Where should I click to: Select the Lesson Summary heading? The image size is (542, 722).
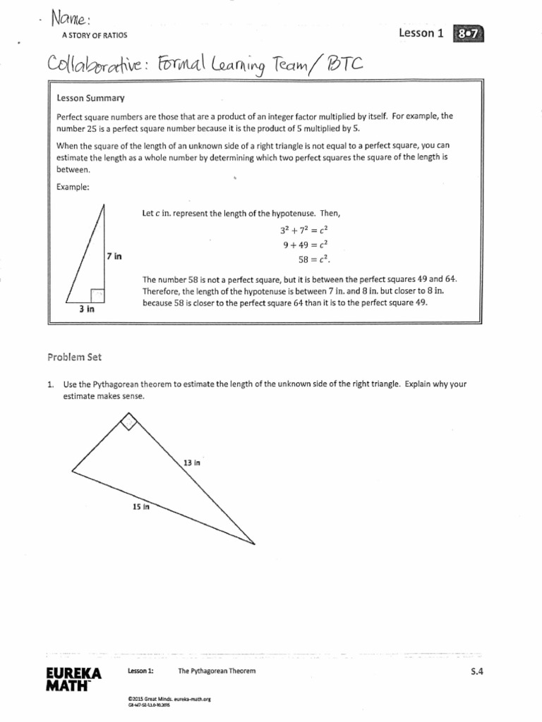[85, 98]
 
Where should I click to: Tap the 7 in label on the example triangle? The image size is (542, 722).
[114, 256]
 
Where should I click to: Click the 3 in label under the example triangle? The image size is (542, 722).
[87, 309]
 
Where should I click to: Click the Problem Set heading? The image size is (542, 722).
[75, 357]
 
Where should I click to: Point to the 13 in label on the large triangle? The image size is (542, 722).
[192, 463]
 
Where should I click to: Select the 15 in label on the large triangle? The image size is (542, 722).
[141, 506]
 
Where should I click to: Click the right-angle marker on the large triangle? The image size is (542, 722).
[129, 422]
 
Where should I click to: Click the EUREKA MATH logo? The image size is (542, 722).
[73, 679]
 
